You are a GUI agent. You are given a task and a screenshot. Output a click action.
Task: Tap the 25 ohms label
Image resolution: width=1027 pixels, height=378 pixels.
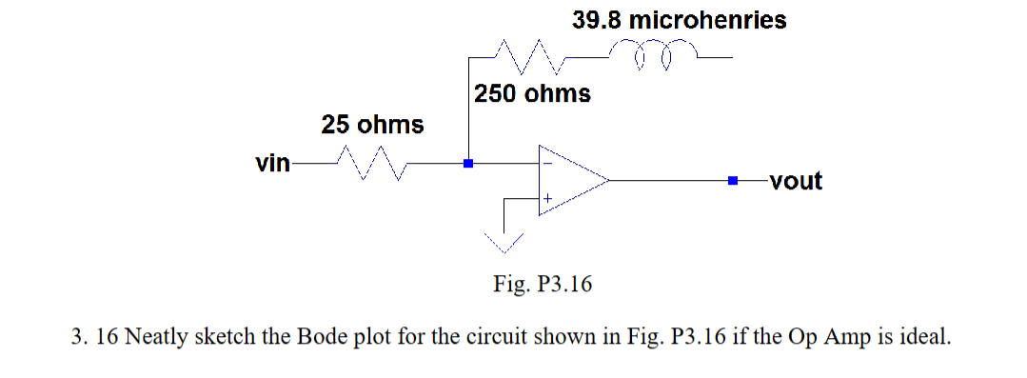(372, 125)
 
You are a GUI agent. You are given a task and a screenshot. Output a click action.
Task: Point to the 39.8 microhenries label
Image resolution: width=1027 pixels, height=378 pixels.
(680, 20)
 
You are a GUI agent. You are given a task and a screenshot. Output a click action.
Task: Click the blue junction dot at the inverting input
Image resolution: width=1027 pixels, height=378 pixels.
(468, 164)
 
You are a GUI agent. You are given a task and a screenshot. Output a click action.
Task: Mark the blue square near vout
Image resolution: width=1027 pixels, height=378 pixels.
(733, 179)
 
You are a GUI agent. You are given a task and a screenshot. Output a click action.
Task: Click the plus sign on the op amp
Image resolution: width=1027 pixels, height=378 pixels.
(548, 198)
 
